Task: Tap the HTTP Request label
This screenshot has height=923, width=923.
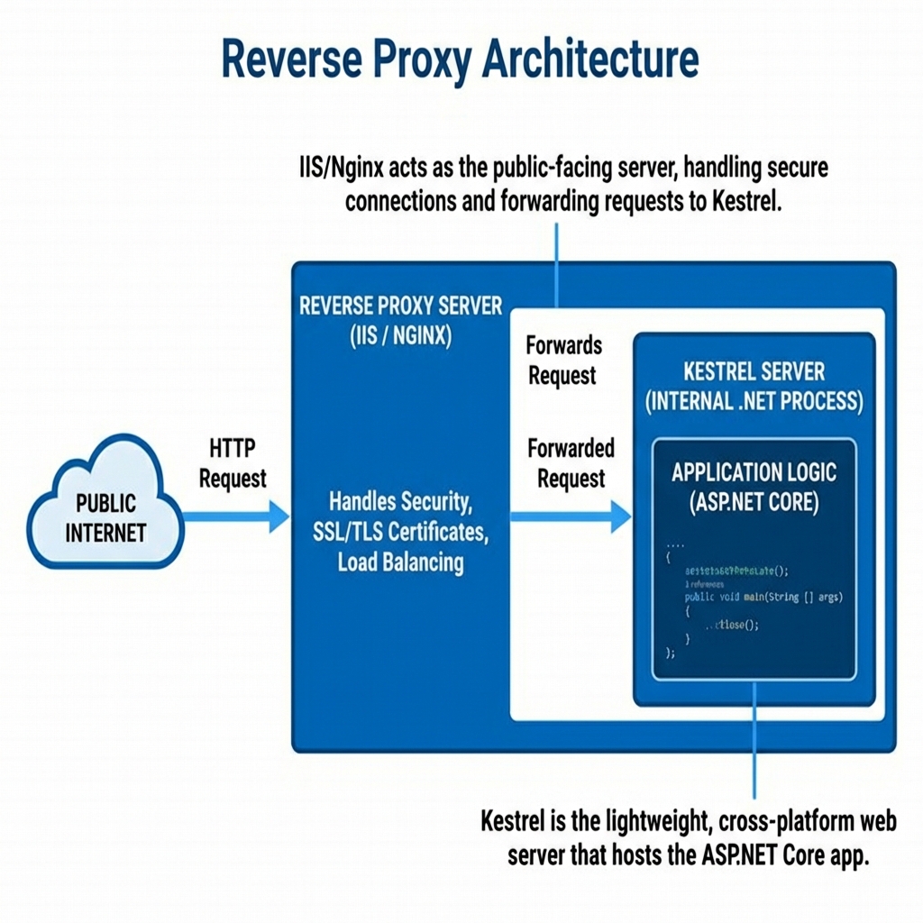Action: tap(233, 463)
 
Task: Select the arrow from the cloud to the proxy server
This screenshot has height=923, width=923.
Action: tap(236, 516)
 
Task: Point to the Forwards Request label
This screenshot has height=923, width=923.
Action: tap(563, 360)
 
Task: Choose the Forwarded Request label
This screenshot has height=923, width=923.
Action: tap(571, 463)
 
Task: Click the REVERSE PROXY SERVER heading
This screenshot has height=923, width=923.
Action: tap(401, 306)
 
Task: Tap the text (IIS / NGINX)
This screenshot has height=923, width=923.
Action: tap(401, 336)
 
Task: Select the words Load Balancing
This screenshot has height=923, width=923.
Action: tap(401, 562)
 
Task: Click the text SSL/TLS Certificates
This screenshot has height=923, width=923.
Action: tap(401, 532)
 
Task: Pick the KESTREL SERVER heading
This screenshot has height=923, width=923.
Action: tap(754, 371)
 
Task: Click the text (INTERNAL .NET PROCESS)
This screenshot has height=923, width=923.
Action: tap(754, 402)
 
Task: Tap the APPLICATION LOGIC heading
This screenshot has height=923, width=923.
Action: tap(754, 472)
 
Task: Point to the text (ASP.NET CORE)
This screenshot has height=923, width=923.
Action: tap(754, 502)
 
